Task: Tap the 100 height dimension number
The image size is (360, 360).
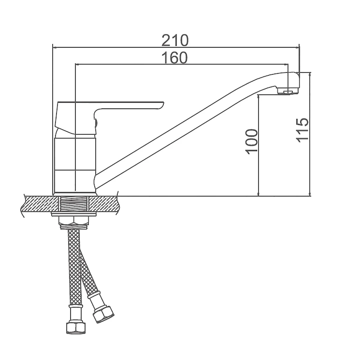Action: [251, 141]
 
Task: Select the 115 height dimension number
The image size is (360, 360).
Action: [302, 130]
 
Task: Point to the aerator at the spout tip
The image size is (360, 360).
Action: [288, 91]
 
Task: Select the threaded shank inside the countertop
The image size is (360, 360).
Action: [73, 204]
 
